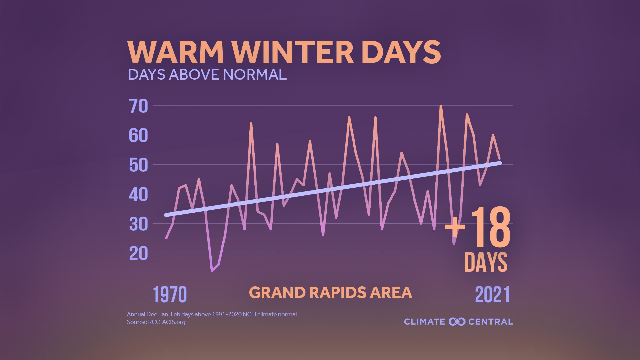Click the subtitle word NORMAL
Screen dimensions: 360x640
pyautogui.click(x=255, y=74)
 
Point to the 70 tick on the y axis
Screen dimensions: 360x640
pyautogui.click(x=138, y=106)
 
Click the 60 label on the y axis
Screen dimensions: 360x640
pyautogui.click(x=138, y=135)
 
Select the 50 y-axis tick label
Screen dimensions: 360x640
pyautogui.click(x=138, y=165)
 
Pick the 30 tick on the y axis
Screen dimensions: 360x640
pyautogui.click(x=138, y=224)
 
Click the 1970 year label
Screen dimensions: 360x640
pyautogui.click(x=170, y=295)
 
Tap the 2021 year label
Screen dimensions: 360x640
pyautogui.click(x=492, y=295)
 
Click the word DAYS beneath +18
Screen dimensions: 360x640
pyautogui.click(x=486, y=262)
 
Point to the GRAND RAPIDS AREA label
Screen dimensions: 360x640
pyautogui.click(x=330, y=293)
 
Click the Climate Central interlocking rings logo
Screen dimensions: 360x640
pyautogui.click(x=457, y=322)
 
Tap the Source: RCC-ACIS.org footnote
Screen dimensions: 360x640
pyautogui.click(x=156, y=322)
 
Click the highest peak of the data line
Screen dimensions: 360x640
pyautogui.click(x=441, y=106)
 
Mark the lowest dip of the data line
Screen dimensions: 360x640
pyautogui.click(x=212, y=270)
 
